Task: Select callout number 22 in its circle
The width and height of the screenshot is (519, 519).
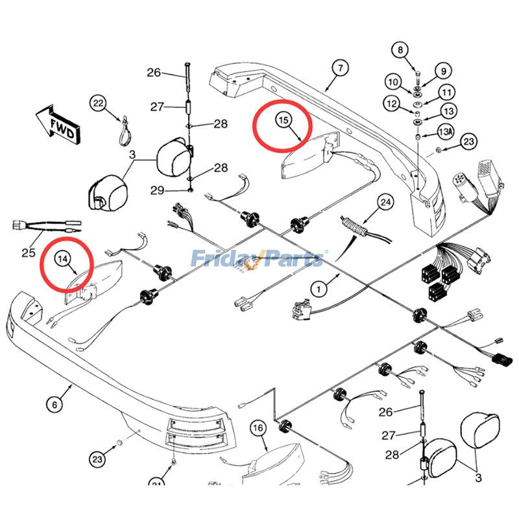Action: (97, 103)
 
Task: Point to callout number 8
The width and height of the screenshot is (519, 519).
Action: (400, 49)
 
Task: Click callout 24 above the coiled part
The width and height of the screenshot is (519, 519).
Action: (385, 203)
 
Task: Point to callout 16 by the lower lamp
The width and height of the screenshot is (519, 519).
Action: (258, 428)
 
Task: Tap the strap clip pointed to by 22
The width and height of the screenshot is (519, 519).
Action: (123, 133)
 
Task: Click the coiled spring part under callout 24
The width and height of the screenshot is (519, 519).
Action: (354, 227)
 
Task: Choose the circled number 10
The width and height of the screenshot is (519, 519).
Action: (392, 82)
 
